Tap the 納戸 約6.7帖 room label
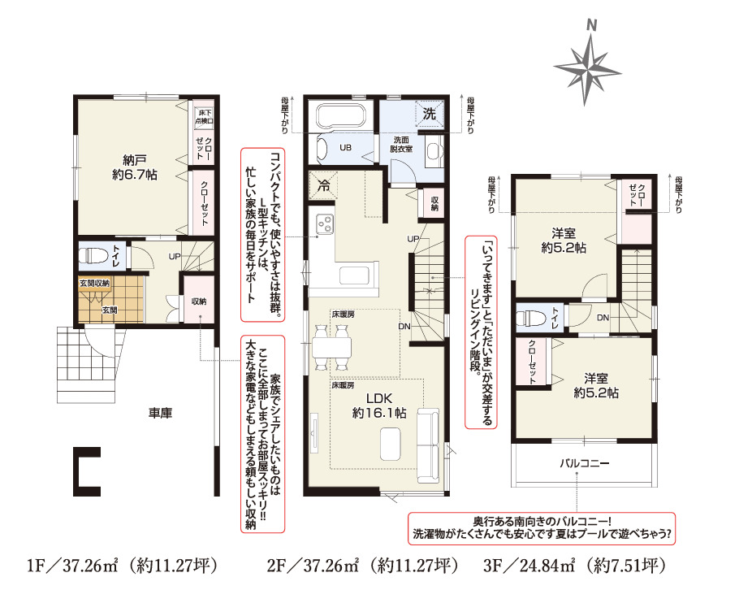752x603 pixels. click(135, 167)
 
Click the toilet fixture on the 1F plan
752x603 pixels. click(93, 255)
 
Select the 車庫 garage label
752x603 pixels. click(160, 413)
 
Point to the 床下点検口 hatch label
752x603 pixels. click(204, 117)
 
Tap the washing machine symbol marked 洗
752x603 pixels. click(430, 113)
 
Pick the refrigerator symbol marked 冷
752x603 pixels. click(324, 184)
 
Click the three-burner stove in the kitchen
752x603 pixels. click(325, 224)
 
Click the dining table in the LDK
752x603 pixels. click(331, 348)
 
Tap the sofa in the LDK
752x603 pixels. click(428, 445)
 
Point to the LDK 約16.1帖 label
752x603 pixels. click(379, 406)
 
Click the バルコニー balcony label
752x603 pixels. click(584, 463)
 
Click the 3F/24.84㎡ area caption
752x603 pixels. click(574, 566)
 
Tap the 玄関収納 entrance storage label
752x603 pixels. click(94, 284)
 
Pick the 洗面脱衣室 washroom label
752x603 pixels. click(401, 145)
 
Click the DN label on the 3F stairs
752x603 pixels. click(603, 318)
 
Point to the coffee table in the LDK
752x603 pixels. click(391, 445)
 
